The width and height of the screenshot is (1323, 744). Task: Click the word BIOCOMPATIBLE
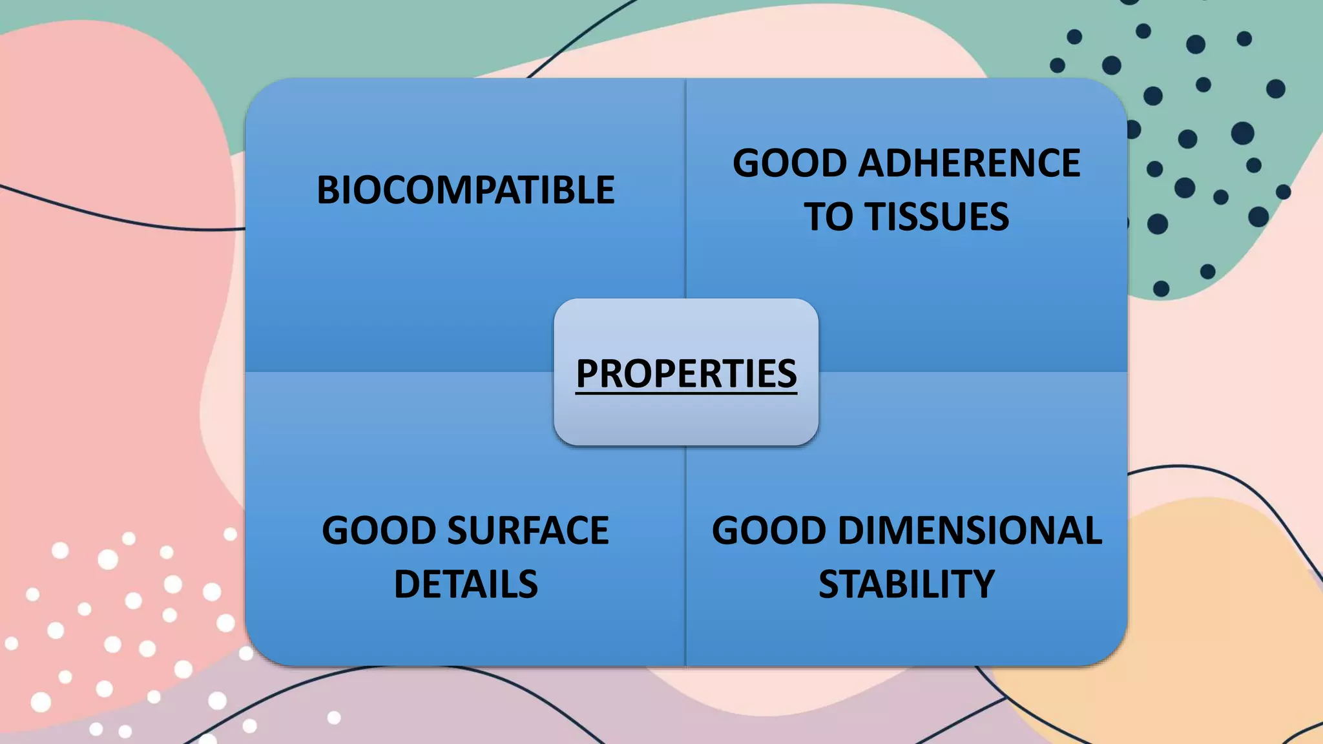click(465, 190)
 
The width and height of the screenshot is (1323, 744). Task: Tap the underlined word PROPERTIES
click(686, 373)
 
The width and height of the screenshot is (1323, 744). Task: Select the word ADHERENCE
click(968, 163)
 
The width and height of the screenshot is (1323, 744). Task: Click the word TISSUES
click(937, 216)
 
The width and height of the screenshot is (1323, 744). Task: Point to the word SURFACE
click(528, 531)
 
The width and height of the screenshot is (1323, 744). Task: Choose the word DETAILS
click(465, 584)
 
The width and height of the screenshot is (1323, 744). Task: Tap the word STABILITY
click(906, 584)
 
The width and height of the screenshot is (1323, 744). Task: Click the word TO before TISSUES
click(828, 216)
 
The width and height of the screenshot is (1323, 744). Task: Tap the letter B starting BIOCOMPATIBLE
click(328, 190)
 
